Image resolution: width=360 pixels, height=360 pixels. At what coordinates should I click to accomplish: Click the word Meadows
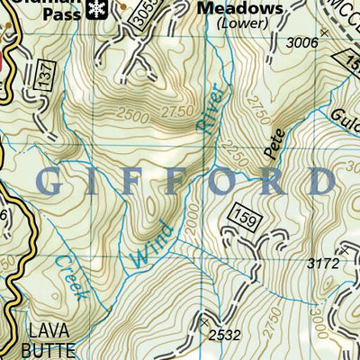click(x=240, y=8)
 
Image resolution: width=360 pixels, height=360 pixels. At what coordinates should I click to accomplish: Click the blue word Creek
click(x=69, y=276)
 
